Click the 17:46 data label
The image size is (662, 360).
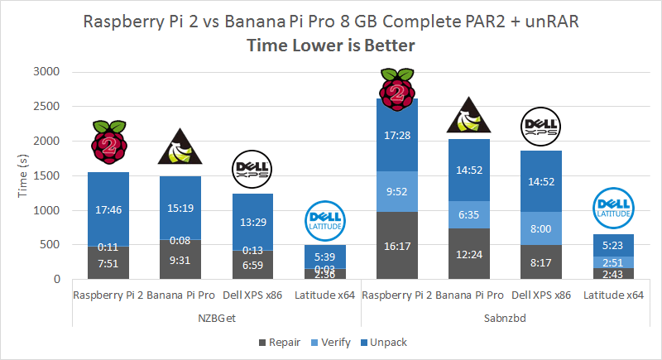coord(108,210)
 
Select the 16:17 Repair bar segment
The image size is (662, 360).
coord(397,246)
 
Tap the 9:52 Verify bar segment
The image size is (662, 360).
coord(397,191)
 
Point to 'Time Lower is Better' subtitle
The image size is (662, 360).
coord(330,46)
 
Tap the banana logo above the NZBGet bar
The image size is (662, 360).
coord(180,148)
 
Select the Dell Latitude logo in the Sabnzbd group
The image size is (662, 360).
coord(613,209)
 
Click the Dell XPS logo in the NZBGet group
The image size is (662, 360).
coord(252,168)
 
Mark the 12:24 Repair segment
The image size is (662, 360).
coord(469,253)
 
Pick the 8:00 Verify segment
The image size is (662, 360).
coord(541,228)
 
